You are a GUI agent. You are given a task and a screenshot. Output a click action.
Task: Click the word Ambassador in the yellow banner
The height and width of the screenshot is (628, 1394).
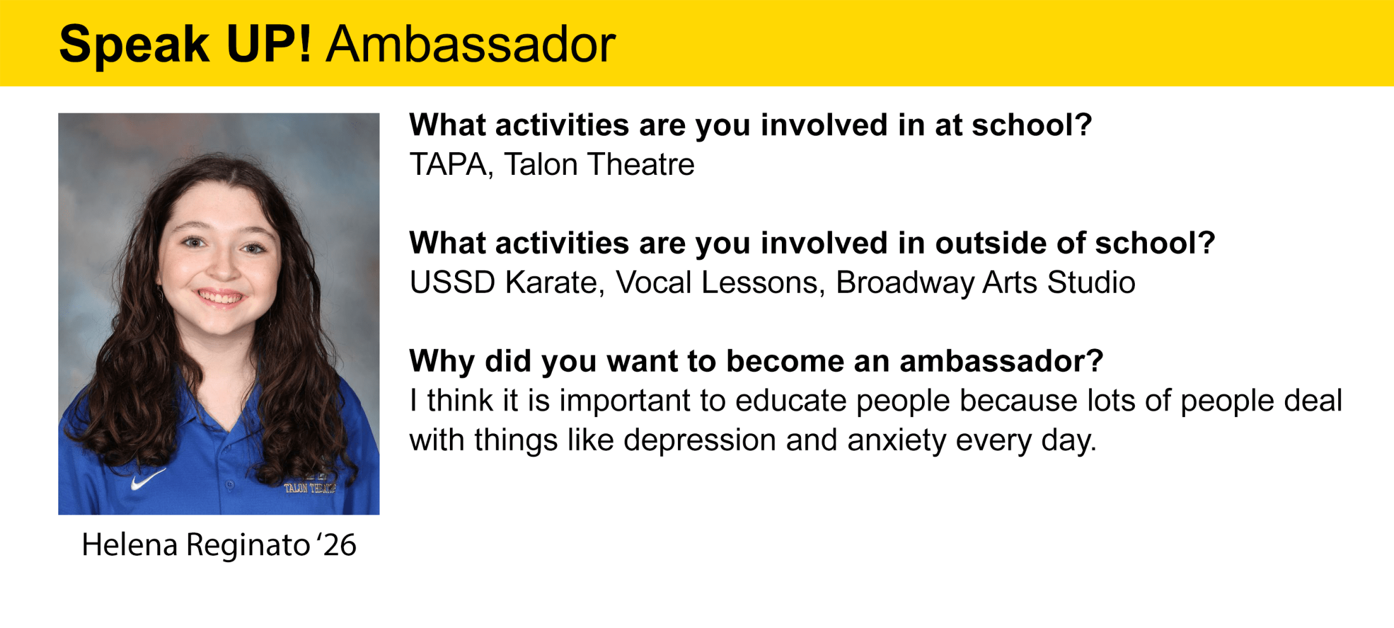click(x=470, y=44)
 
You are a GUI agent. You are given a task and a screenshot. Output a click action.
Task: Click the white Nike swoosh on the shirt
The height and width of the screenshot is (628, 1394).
click(x=148, y=478)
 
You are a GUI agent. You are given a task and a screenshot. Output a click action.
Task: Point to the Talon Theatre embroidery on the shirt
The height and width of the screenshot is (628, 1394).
click(x=310, y=487)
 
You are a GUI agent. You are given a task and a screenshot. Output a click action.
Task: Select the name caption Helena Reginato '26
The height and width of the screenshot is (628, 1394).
click(x=219, y=545)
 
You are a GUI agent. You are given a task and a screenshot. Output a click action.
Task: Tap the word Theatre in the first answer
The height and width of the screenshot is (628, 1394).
click(x=641, y=165)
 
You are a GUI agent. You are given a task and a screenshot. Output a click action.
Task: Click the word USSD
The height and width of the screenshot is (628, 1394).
click(x=452, y=283)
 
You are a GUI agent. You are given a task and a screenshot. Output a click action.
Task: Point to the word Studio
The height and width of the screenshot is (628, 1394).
click(x=1091, y=283)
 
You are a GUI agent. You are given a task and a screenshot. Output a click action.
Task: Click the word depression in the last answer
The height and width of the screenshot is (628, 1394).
click(x=700, y=440)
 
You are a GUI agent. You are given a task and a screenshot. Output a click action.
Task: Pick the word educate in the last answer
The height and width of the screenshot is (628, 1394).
click(x=791, y=401)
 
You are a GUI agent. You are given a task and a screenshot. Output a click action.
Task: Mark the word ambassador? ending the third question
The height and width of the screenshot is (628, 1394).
click(x=1001, y=361)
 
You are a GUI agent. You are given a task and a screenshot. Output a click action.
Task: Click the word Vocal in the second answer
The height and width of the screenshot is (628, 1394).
click(x=653, y=283)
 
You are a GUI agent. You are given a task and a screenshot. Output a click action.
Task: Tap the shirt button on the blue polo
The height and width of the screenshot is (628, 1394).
click(x=230, y=485)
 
